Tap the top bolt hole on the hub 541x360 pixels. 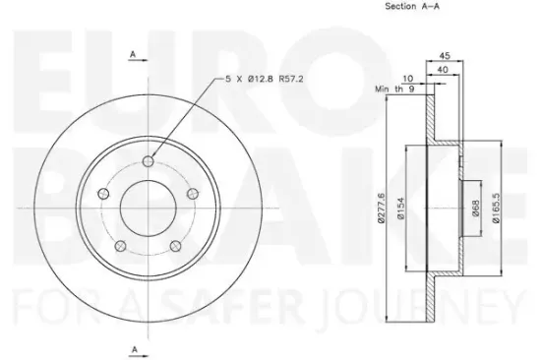pyautogui.click(x=148, y=163)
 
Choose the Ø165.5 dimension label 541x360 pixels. pyautogui.click(x=503, y=209)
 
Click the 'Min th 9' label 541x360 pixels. pyautogui.click(x=393, y=90)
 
